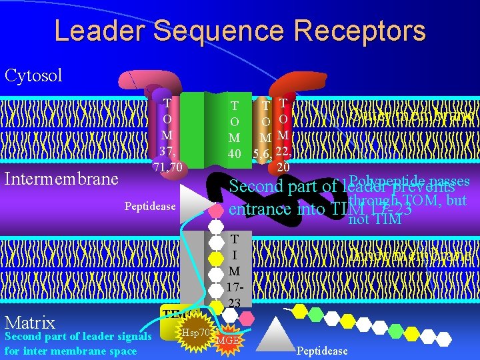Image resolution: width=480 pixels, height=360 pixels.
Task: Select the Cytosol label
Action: click(x=33, y=75)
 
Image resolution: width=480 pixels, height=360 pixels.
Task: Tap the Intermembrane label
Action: click(x=61, y=179)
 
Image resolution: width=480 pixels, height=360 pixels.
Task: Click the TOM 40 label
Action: click(x=235, y=129)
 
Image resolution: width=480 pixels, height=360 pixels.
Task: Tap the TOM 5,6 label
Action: click(x=264, y=131)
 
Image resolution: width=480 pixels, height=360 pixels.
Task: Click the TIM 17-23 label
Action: click(x=235, y=270)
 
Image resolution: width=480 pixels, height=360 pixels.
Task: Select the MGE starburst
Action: click(x=227, y=341)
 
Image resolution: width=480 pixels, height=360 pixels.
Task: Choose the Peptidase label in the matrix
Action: click(x=322, y=351)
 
